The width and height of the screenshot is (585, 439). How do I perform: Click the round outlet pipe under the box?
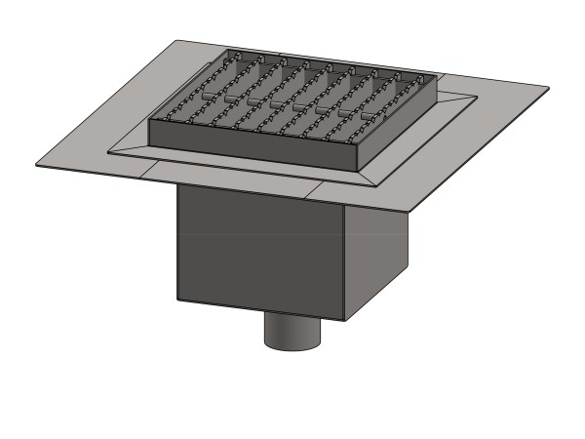292,332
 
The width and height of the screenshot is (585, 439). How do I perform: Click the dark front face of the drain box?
258,249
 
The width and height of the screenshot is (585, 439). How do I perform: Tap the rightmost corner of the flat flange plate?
549,89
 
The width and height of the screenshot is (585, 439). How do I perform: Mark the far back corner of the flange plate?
178,41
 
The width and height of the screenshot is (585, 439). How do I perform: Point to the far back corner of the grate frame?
228,51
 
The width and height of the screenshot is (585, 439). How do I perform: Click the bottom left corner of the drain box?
177,299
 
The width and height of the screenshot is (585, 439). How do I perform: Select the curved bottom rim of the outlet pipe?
292,347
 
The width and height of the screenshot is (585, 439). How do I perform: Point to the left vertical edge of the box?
177,244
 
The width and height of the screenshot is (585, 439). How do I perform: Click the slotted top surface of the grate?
292,98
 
